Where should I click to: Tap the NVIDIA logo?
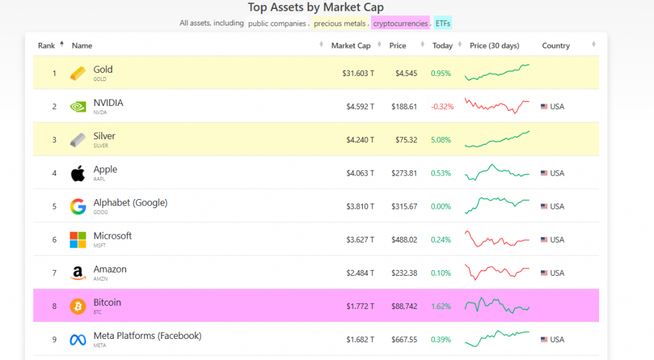[x=78, y=107]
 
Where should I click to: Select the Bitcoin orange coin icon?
[x=78, y=306]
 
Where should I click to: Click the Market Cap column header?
[x=351, y=46]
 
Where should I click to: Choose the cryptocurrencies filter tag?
[x=400, y=24]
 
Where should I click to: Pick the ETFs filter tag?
[x=443, y=24]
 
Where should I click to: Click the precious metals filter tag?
[x=340, y=24]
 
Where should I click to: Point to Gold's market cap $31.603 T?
[x=358, y=73]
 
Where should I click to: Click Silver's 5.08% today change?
[x=441, y=140]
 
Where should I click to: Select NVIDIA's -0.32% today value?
[x=443, y=107]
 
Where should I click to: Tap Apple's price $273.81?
[x=404, y=173]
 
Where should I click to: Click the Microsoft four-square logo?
[x=78, y=240]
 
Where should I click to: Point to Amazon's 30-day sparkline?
[x=497, y=273]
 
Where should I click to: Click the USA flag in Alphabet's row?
[x=544, y=207]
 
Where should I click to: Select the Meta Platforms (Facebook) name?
[x=147, y=336]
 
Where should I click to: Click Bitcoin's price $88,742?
[x=404, y=306]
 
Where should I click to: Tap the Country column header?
[x=556, y=46]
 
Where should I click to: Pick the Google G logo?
[x=78, y=207]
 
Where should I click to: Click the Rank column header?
[x=47, y=46]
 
